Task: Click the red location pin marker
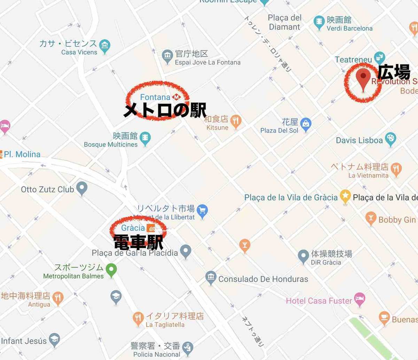point(363,78)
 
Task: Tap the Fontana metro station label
point(155,97)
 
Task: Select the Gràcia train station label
point(133,228)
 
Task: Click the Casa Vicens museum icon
point(104,46)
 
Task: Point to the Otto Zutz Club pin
point(82,188)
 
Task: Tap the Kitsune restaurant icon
point(236,121)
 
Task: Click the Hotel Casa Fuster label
point(319,301)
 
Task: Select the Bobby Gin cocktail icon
point(371,218)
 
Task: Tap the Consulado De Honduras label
point(263,279)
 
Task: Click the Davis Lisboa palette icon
point(390,139)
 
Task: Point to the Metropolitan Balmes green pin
point(111,270)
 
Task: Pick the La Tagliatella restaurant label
point(165,324)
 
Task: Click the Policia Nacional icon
point(187,347)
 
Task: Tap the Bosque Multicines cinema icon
point(145,138)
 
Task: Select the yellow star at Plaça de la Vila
point(345,196)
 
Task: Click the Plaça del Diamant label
point(284,22)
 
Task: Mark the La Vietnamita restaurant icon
point(396,169)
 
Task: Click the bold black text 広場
point(394,72)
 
